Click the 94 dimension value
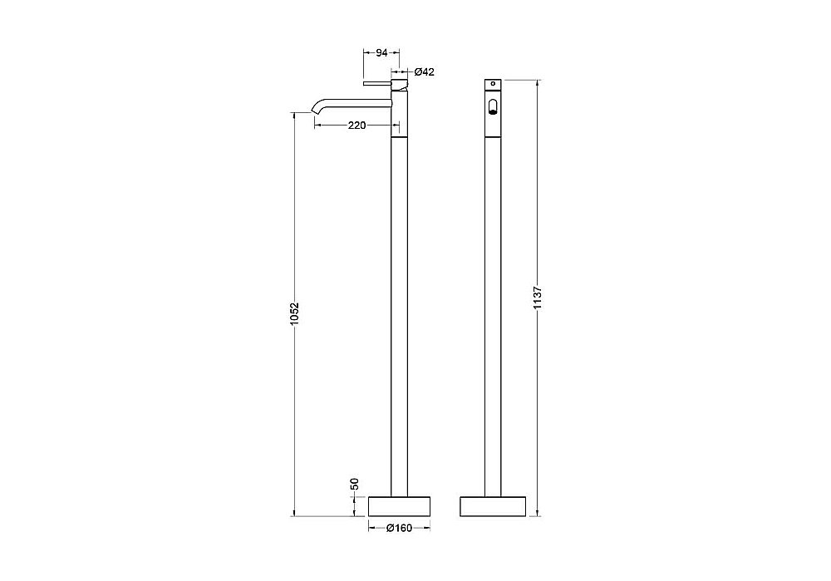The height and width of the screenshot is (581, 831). (381, 52)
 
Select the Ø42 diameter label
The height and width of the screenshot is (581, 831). (424, 71)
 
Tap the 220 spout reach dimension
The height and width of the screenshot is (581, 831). (356, 126)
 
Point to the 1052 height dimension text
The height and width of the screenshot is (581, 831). (295, 314)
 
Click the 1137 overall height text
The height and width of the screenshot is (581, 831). (537, 298)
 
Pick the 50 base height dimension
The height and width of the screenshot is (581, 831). (355, 484)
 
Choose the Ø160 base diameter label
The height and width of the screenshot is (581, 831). (399, 528)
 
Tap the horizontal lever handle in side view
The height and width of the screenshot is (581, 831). (376, 84)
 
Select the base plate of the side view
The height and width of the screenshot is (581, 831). (399, 506)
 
